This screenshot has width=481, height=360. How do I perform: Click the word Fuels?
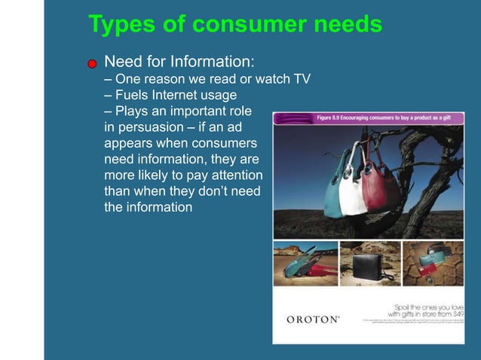click(x=133, y=95)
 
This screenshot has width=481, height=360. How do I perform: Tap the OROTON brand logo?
click(x=313, y=319)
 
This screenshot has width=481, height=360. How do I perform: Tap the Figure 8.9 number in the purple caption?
click(x=330, y=117)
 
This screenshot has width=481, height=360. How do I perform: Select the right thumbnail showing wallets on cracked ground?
click(x=433, y=263)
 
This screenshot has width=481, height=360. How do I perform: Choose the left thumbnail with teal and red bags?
click(x=305, y=263)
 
